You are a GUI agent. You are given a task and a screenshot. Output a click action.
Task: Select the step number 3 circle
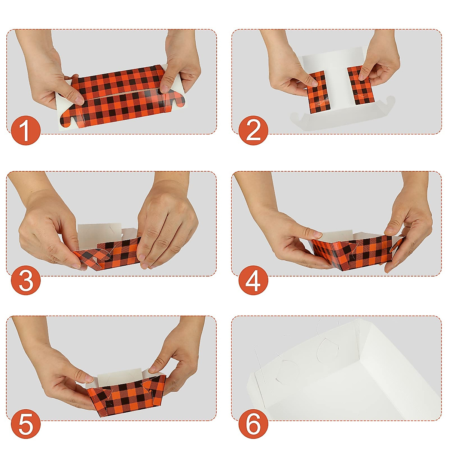25,281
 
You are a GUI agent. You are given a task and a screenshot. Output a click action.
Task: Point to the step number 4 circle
253,281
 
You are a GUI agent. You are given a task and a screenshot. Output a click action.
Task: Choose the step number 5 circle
25,424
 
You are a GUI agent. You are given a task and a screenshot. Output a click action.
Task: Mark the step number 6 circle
253,424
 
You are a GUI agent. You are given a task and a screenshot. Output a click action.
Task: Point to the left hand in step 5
64,374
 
